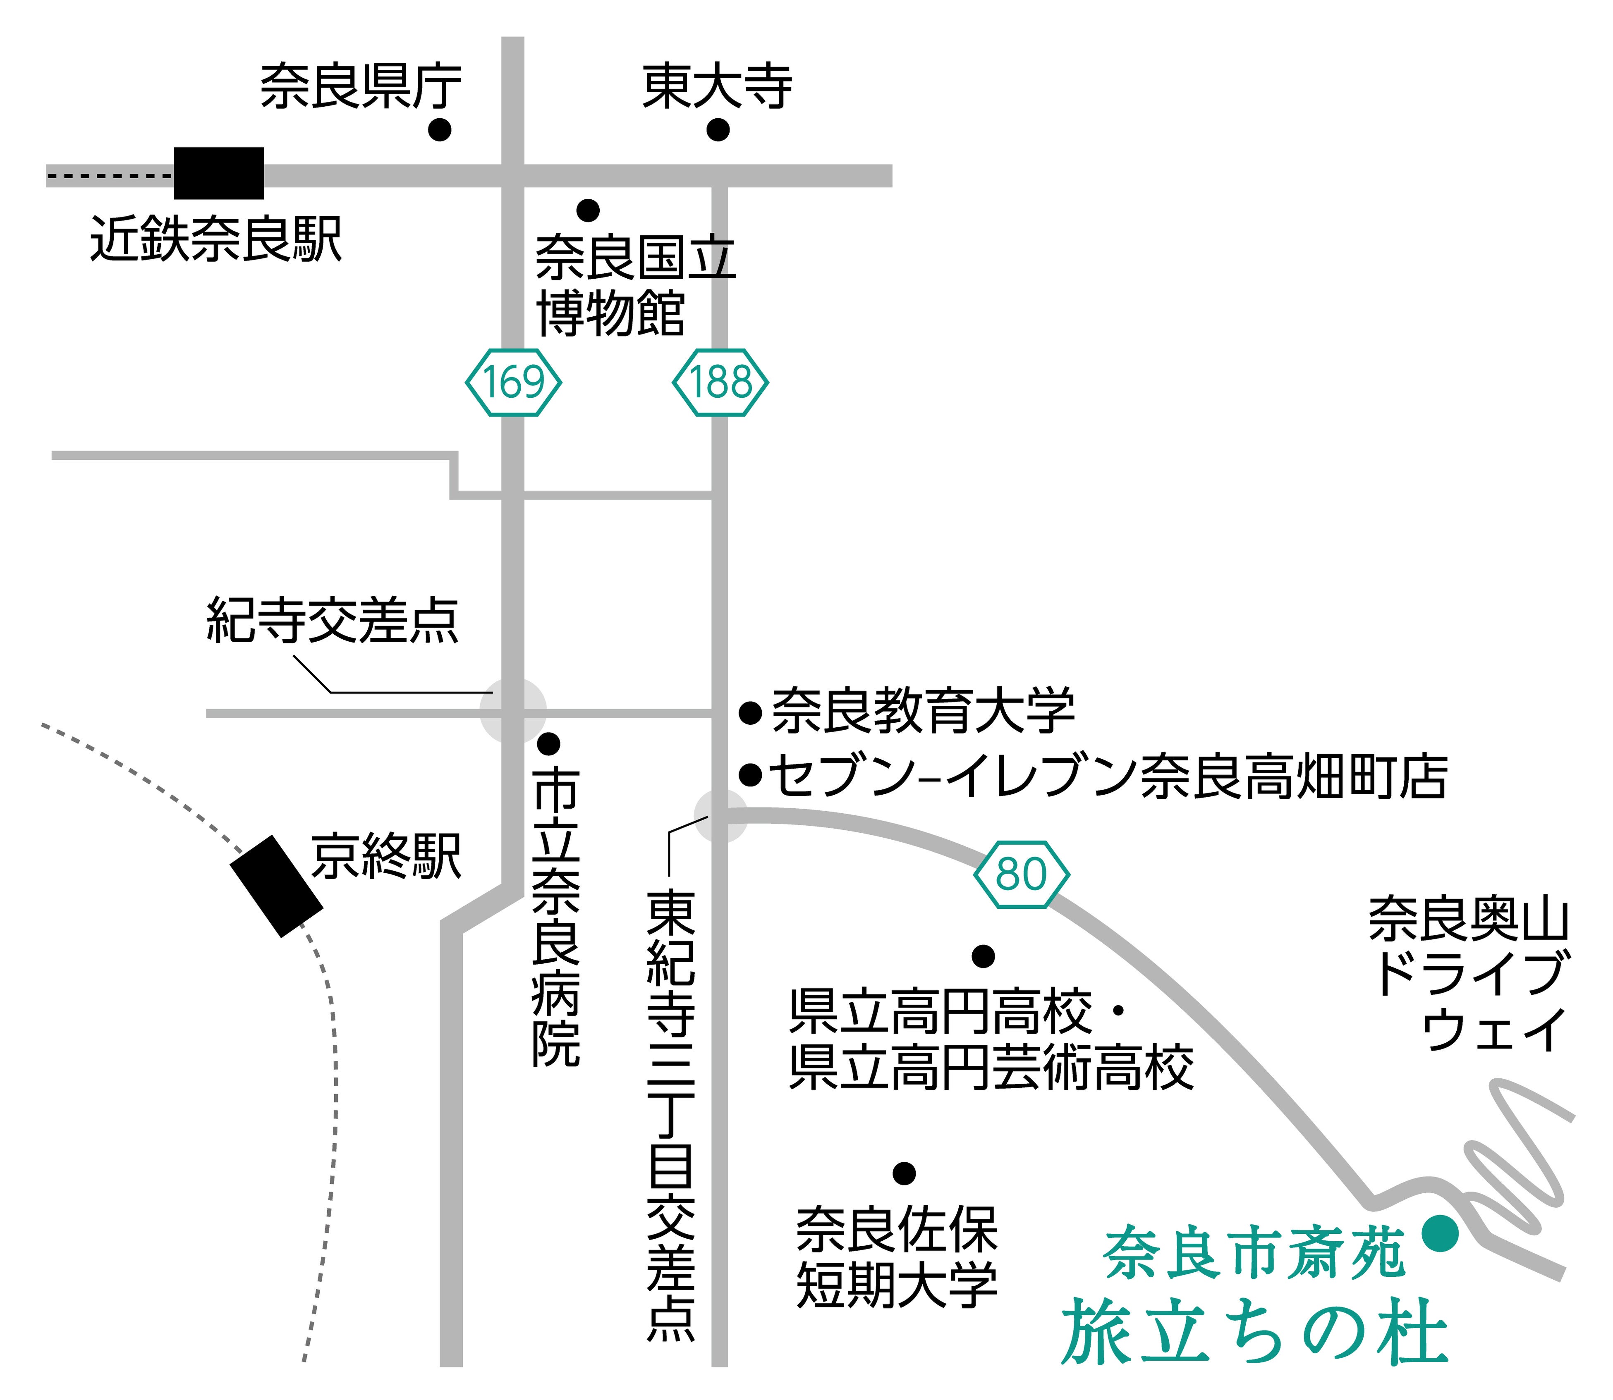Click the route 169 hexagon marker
513,382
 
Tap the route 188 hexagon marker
720,382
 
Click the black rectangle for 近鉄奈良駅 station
219,173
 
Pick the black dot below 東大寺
718,130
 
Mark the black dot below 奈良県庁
440,130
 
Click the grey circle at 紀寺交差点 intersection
513,710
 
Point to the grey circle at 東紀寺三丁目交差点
720,816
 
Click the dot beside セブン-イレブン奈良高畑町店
750,775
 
